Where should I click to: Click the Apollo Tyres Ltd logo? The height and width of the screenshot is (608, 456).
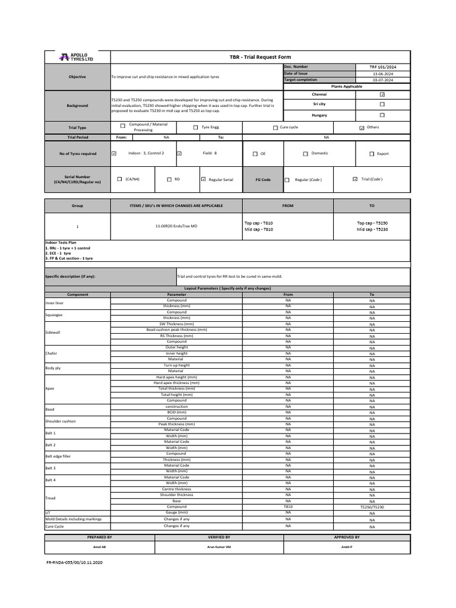77,57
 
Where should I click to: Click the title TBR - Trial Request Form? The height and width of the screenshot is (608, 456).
261,57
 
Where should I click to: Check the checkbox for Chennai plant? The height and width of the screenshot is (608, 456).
382,94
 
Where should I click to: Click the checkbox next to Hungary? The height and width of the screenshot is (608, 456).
382,115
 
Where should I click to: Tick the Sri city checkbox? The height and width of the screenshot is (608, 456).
382,104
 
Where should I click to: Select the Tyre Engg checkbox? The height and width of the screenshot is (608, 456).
196,127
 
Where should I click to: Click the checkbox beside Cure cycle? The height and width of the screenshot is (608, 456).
275,128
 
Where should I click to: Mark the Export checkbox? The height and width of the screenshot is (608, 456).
372,154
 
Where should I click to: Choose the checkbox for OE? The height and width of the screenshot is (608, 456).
255,154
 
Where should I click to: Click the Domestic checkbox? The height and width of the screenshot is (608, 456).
305,154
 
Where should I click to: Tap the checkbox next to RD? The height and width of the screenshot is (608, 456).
169,179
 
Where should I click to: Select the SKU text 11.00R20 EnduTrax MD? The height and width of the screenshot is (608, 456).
176,226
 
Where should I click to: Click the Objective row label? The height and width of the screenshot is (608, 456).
77,77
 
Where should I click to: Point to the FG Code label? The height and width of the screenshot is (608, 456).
262,179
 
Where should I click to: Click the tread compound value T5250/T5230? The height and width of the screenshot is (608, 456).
372,507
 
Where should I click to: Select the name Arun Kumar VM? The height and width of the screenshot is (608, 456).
219,547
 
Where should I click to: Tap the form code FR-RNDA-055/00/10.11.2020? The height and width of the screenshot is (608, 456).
75,562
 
